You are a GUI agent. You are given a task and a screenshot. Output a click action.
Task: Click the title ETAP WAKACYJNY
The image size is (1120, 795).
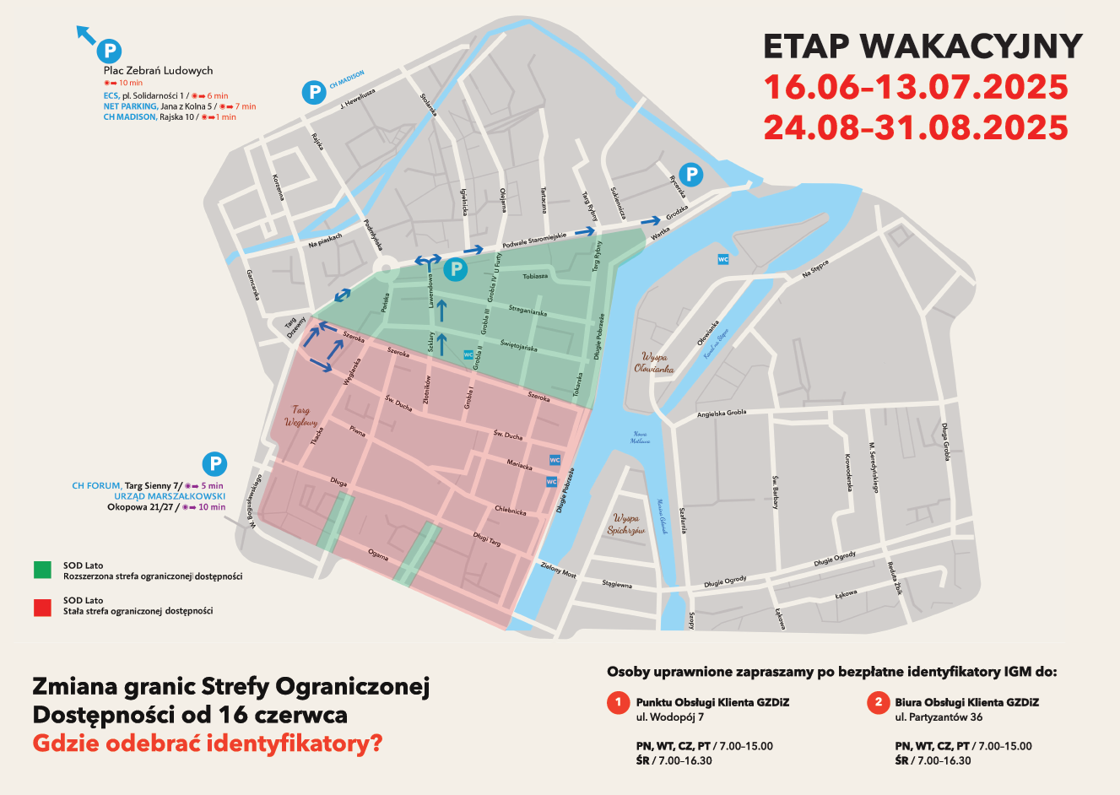[922, 46]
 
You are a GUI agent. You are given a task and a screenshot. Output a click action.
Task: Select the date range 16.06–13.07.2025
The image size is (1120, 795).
[916, 87]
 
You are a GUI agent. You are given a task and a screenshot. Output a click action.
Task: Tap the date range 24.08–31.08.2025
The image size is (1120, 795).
[916, 127]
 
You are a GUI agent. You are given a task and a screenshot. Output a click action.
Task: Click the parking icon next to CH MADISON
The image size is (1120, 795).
[314, 91]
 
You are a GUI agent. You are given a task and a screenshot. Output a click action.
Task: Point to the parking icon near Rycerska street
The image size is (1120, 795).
[691, 175]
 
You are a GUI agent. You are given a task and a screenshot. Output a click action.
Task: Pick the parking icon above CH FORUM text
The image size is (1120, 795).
[214, 463]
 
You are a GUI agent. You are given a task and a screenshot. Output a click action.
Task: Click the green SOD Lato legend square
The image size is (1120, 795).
[42, 571]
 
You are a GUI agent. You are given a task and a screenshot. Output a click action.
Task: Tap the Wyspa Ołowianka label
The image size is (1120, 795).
[654, 363]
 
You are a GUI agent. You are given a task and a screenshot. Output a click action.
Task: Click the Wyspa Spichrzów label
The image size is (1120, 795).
[626, 524]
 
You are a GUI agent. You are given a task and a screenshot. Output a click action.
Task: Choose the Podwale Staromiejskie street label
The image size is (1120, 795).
[534, 241]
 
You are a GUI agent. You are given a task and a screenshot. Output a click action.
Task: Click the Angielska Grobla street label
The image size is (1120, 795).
[722, 414]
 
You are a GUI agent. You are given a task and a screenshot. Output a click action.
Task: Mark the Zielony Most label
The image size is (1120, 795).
[558, 571]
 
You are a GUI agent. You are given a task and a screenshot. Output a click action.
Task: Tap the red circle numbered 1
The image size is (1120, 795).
[619, 702]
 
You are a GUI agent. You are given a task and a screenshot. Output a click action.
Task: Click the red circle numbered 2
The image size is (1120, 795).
[878, 702]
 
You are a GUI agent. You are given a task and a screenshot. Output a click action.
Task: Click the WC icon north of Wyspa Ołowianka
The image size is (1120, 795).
[722, 259]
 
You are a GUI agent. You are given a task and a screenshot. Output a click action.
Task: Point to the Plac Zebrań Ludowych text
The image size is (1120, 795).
[158, 71]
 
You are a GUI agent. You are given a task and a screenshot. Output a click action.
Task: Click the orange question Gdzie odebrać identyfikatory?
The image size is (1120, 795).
[207, 744]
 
